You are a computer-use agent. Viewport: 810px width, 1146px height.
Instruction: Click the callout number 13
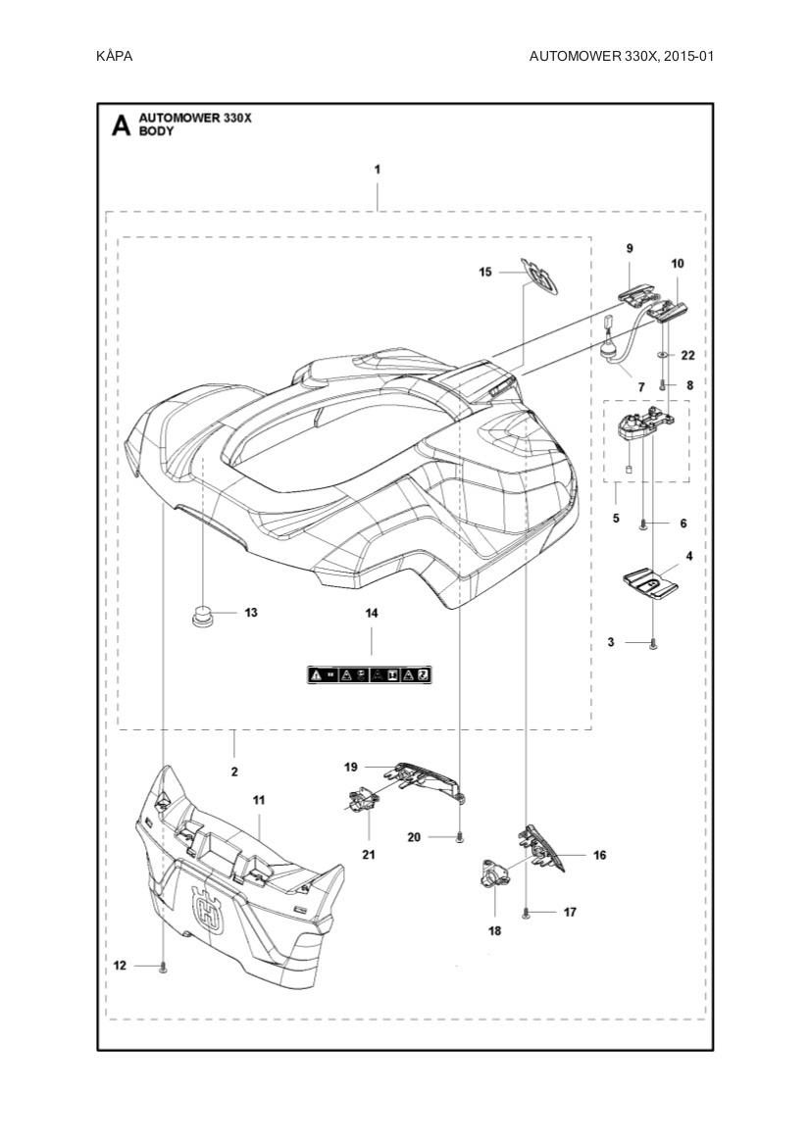[x=251, y=613]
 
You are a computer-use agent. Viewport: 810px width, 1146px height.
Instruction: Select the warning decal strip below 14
[x=371, y=674]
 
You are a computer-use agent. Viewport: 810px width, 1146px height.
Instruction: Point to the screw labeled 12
[x=164, y=968]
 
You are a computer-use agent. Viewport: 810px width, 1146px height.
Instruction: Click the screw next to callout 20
[x=459, y=836]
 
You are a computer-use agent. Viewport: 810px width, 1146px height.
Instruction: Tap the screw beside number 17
[x=528, y=913]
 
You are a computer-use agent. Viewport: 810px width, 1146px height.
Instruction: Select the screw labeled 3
[x=653, y=643]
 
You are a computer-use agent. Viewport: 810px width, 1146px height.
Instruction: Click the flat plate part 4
[x=653, y=580]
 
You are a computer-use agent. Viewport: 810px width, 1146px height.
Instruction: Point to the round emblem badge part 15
[x=540, y=276]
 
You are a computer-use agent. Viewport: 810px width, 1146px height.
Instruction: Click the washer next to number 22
[x=663, y=354]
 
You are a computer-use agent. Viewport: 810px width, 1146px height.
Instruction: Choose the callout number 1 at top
[x=378, y=169]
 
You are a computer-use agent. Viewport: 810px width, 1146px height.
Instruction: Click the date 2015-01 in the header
[x=686, y=56]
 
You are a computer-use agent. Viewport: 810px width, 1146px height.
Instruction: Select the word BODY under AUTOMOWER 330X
[x=156, y=130]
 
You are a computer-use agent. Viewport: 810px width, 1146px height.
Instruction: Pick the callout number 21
[x=369, y=855]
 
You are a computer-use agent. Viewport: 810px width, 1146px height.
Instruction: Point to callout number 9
[x=630, y=249]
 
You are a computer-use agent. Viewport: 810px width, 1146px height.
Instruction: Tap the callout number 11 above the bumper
[x=259, y=801]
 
